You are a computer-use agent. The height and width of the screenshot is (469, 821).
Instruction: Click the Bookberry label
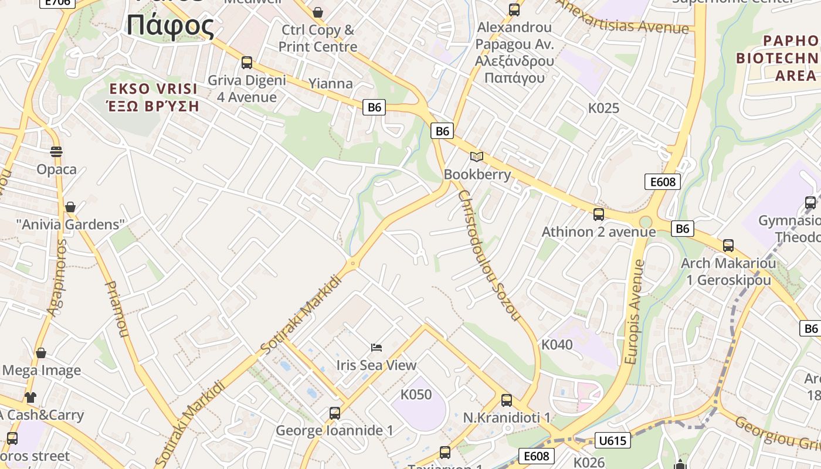click(477, 174)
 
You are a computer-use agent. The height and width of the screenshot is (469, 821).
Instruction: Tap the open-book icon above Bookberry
click(477, 157)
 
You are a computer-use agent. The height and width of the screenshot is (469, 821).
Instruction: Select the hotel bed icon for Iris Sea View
click(376, 348)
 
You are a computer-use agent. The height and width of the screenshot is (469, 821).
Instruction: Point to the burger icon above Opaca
click(56, 152)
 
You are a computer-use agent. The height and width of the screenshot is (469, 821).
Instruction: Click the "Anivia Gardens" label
click(70, 224)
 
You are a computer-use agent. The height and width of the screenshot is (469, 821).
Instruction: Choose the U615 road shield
click(612, 440)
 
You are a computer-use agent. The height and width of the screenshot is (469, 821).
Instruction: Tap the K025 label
click(603, 108)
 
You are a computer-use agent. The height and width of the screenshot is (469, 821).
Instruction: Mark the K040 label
click(557, 345)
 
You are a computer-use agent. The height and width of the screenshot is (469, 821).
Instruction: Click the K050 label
click(416, 395)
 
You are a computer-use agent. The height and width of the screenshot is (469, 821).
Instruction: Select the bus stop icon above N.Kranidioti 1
click(507, 400)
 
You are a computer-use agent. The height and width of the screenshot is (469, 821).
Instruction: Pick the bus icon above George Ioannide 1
click(334, 413)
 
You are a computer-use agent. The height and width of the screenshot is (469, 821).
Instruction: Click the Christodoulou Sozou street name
click(490, 255)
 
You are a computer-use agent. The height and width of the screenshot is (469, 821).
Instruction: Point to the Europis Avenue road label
click(635, 312)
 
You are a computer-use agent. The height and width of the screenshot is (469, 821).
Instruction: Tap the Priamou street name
click(116, 309)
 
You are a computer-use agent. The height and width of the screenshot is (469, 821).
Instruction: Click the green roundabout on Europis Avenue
click(646, 222)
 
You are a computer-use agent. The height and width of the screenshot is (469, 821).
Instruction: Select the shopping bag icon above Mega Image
click(41, 353)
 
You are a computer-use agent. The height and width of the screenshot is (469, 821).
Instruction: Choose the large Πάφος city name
click(171, 25)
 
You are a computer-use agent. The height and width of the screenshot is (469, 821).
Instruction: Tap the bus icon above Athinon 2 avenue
click(598, 215)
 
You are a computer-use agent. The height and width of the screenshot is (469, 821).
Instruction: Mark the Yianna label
click(331, 83)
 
